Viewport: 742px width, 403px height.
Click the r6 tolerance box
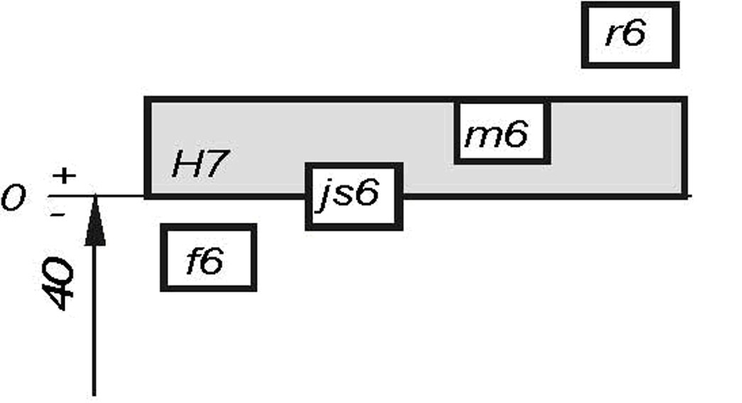630,35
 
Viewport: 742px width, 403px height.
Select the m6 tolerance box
502,133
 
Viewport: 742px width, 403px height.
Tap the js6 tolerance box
354,197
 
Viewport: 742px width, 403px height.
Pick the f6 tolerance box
208,258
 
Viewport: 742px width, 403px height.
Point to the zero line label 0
13,198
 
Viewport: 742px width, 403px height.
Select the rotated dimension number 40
58,284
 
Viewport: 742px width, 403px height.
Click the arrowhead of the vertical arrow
94,223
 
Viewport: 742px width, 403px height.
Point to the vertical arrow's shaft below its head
94,319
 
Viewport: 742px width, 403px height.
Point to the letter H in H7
186,165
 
